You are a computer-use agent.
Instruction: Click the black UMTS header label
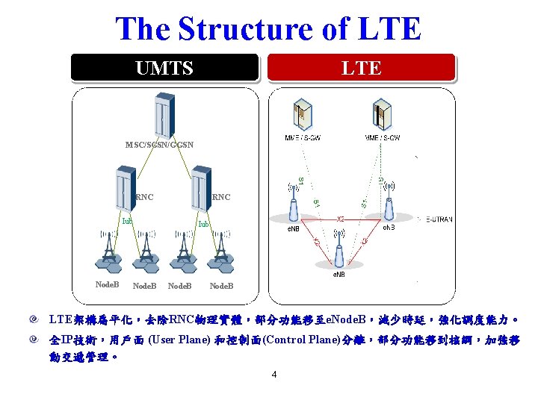[164, 69]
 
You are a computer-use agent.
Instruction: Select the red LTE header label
[362, 69]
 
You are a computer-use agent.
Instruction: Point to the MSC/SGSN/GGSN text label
[160, 144]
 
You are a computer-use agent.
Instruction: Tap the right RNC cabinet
[201, 189]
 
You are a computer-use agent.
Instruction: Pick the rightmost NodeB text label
[221, 286]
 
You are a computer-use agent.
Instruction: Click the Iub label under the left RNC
[128, 221]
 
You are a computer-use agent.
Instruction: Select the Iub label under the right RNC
[202, 224]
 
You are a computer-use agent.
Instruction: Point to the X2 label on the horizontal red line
[340, 219]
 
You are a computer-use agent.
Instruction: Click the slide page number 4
[274, 375]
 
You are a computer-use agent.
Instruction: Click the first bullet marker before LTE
[34, 320]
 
